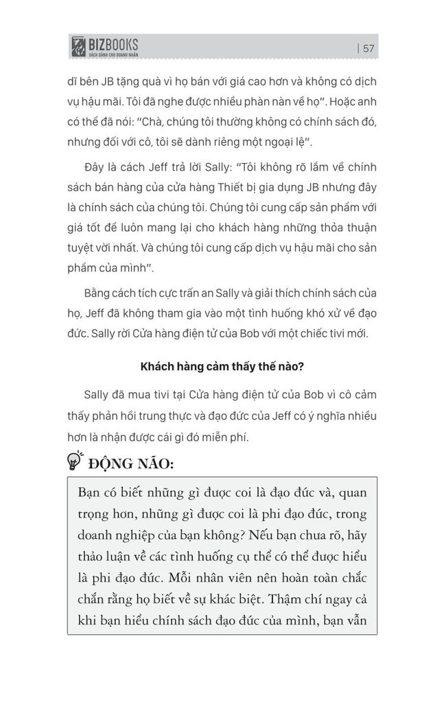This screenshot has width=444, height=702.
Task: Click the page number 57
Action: point(368,48)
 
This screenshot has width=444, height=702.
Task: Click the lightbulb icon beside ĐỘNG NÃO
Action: point(75,459)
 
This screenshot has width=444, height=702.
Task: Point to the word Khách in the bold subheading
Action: point(159,367)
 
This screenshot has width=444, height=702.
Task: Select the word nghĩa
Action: point(322,417)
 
